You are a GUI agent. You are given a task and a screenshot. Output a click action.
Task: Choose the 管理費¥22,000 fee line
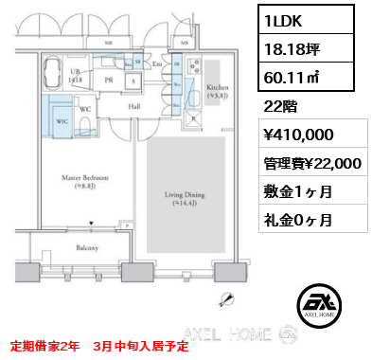point(312,164)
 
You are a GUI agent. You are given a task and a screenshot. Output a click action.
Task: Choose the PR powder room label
point(110,81)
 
